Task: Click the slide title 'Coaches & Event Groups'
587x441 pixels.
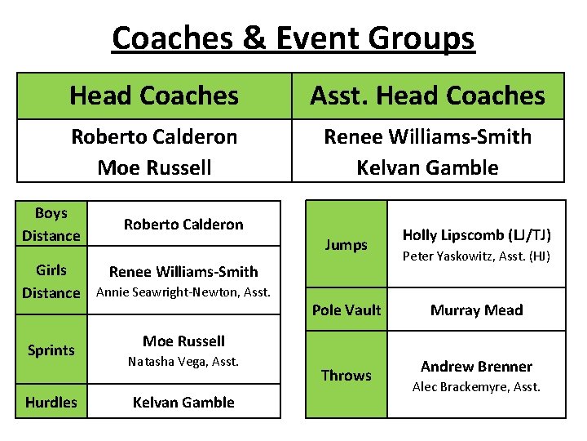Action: click(x=293, y=38)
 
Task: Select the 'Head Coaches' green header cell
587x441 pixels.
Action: click(x=154, y=96)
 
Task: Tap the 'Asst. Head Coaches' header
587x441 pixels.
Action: click(x=427, y=96)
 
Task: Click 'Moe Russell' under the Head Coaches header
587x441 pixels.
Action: click(x=154, y=167)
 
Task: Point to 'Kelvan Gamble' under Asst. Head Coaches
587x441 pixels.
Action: click(x=427, y=167)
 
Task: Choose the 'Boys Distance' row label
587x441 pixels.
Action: click(x=51, y=225)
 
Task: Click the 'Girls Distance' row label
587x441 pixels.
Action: click(x=51, y=281)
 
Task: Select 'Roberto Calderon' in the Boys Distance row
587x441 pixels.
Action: click(x=183, y=225)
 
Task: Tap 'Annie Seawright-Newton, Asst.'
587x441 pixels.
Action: click(x=183, y=292)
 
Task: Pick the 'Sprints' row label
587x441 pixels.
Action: click(x=51, y=350)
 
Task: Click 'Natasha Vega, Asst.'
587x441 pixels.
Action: click(x=183, y=361)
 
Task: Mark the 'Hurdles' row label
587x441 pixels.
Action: click(x=51, y=402)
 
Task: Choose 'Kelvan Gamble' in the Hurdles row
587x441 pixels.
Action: click(x=183, y=402)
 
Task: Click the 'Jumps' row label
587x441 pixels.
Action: click(x=346, y=245)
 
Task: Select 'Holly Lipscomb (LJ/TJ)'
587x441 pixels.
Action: click(x=477, y=235)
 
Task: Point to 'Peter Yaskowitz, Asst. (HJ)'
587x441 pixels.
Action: click(x=477, y=257)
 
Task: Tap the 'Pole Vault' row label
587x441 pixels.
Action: click(x=346, y=310)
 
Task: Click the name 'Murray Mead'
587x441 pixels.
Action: click(x=477, y=310)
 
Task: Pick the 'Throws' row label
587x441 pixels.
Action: click(x=346, y=376)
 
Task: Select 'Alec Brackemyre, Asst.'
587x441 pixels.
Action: click(x=477, y=387)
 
